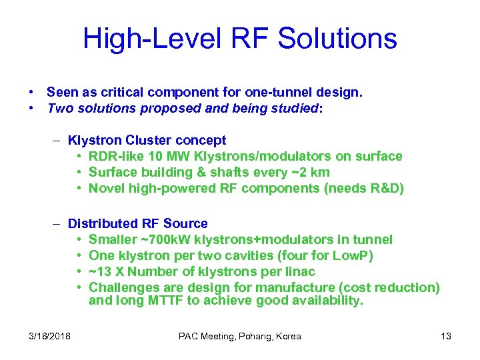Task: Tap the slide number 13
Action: click(x=446, y=336)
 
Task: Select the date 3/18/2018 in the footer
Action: click(x=49, y=336)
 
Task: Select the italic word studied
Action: click(x=295, y=108)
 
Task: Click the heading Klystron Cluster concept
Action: click(x=147, y=141)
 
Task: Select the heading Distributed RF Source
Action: click(x=137, y=223)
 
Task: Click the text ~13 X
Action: click(x=106, y=271)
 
